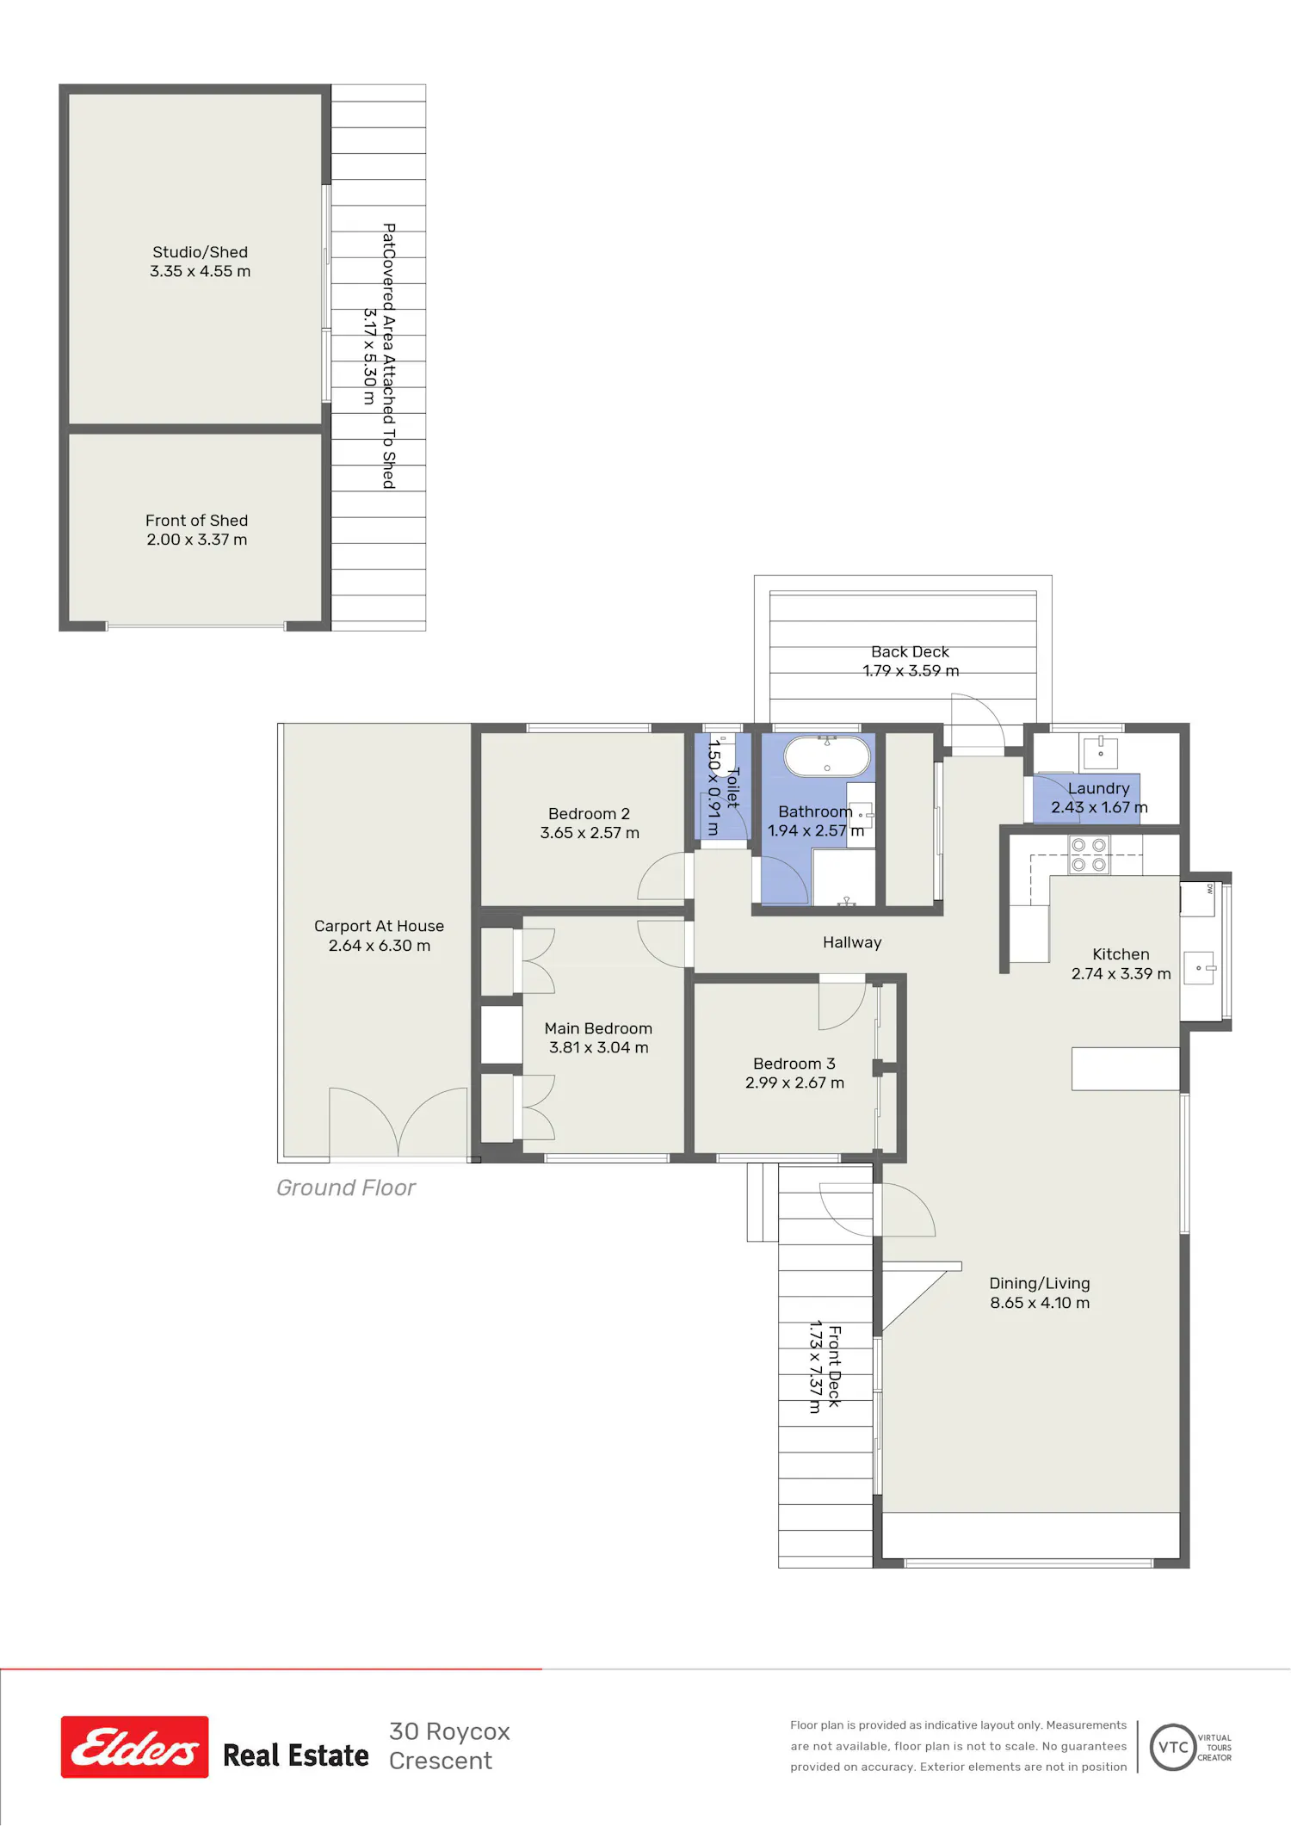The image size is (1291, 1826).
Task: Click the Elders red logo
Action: coord(134,1747)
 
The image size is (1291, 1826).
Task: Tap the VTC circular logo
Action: coord(1173,1747)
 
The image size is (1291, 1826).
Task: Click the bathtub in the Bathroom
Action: coord(826,756)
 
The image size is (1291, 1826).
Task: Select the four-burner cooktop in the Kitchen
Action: coord(1089,854)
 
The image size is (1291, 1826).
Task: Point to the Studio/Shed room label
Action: coord(201,252)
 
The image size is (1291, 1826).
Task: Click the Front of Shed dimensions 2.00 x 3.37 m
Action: coord(197,540)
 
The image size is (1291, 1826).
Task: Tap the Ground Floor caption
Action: coord(346,1188)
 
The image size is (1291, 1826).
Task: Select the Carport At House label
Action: coord(379,926)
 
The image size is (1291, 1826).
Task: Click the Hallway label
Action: coord(852,942)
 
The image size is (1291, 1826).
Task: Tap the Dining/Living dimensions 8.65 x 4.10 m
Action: coord(1040,1303)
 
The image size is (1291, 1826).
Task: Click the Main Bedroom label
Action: coord(598,1028)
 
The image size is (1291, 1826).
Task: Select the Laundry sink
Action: coord(1100,753)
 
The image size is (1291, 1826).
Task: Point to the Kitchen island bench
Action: coord(1125,1069)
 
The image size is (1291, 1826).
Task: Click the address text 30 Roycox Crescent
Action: coord(449,1746)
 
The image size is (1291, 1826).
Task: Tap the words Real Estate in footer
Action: coord(296,1755)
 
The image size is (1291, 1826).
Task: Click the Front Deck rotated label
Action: coord(834,1366)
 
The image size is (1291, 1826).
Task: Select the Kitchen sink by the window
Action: coord(1199,968)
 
